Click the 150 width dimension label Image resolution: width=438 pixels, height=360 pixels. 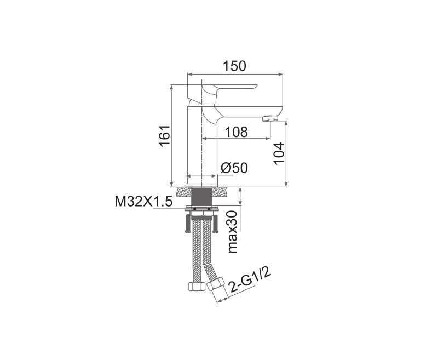pyautogui.click(x=234, y=66)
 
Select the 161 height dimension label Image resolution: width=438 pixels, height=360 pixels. pyautogui.click(x=165, y=135)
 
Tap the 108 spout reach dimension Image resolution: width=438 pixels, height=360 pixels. pyautogui.click(x=236, y=132)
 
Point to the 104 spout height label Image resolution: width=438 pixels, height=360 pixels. pyautogui.click(x=279, y=153)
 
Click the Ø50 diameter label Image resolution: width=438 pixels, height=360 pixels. pyautogui.click(x=234, y=168)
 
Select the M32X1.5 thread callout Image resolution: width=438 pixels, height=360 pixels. pyautogui.click(x=143, y=201)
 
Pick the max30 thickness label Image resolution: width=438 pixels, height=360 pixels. pyautogui.click(x=232, y=232)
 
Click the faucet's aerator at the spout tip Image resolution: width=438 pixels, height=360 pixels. pyautogui.click(x=270, y=119)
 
